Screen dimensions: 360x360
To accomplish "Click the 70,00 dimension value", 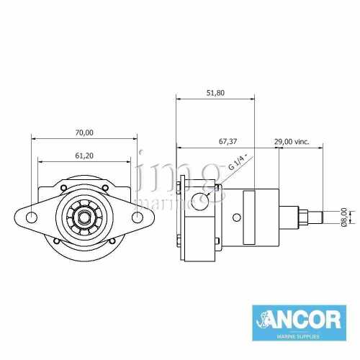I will [84, 132].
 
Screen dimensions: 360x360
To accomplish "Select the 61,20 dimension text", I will [84, 156].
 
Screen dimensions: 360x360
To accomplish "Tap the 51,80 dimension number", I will [215, 93].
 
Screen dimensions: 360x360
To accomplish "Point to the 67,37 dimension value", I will [228, 142].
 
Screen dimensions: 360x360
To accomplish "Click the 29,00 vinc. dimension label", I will [292, 142].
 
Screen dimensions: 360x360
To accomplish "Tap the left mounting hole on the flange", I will [31, 216].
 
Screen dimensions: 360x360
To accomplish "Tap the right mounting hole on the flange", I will [137, 216].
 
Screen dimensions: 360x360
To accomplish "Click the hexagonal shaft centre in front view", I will [84, 216].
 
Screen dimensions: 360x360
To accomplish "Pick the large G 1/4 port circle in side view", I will [200, 199].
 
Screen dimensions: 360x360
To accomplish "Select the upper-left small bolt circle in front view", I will [63, 189].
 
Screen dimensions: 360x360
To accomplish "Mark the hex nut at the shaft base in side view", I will [294, 216].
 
